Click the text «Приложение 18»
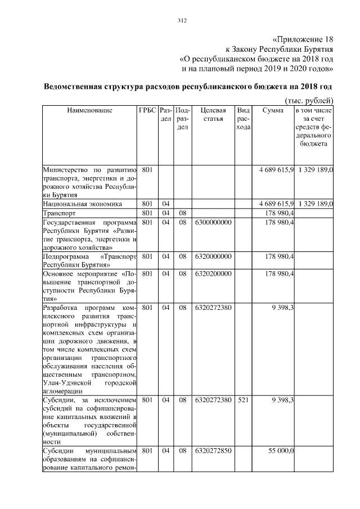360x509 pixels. coord(303,40)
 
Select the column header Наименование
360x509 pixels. coord(90,110)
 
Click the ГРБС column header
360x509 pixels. coord(147,110)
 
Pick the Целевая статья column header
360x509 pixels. coord(213,115)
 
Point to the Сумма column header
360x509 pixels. coord(272,110)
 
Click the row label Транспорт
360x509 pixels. coord(60,214)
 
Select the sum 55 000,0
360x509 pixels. coord(281,451)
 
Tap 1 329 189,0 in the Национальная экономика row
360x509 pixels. coord(316,203)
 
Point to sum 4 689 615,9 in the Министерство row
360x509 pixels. coord(276,169)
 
